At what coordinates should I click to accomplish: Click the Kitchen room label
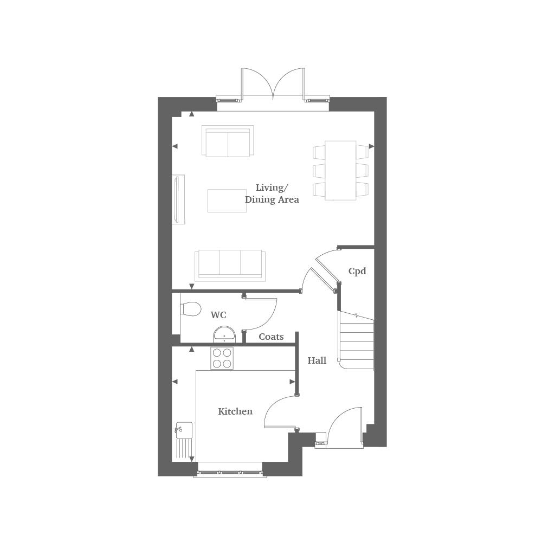[235, 411]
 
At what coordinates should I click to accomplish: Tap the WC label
[218, 315]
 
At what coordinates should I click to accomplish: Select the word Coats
[271, 337]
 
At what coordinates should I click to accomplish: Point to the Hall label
[317, 360]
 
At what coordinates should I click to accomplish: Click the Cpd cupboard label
[357, 271]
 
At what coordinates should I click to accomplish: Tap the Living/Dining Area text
[272, 193]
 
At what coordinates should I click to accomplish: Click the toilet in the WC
[189, 308]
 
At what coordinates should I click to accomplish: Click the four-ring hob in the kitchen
[222, 358]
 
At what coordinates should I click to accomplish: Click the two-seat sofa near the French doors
[228, 141]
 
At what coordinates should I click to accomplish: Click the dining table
[340, 170]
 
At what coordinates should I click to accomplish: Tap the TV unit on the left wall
[178, 199]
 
